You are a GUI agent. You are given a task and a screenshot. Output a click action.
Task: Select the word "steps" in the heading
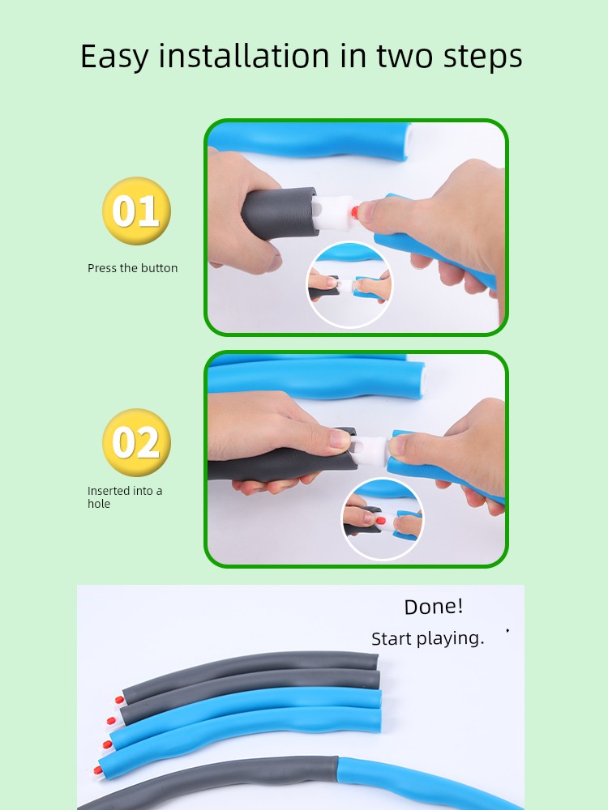482,58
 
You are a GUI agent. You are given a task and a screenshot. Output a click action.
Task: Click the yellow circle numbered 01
136,211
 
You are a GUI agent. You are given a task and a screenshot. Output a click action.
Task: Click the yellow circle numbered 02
136,442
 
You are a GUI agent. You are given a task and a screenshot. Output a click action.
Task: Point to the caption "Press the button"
132,268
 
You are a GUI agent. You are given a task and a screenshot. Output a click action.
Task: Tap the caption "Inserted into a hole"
125,497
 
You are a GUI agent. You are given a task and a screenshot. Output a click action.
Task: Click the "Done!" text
433,607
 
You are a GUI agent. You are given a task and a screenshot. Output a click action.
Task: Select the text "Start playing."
427,639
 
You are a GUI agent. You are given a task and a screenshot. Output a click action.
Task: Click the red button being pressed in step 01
355,211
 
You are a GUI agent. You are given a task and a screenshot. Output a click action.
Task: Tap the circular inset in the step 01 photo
349,284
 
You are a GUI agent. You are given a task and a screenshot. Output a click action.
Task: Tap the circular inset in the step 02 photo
383,519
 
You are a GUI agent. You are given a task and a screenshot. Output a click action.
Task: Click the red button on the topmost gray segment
119,701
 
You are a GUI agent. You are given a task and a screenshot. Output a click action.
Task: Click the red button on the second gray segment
111,721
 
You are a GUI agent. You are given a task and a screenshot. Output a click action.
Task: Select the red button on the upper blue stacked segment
107,745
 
